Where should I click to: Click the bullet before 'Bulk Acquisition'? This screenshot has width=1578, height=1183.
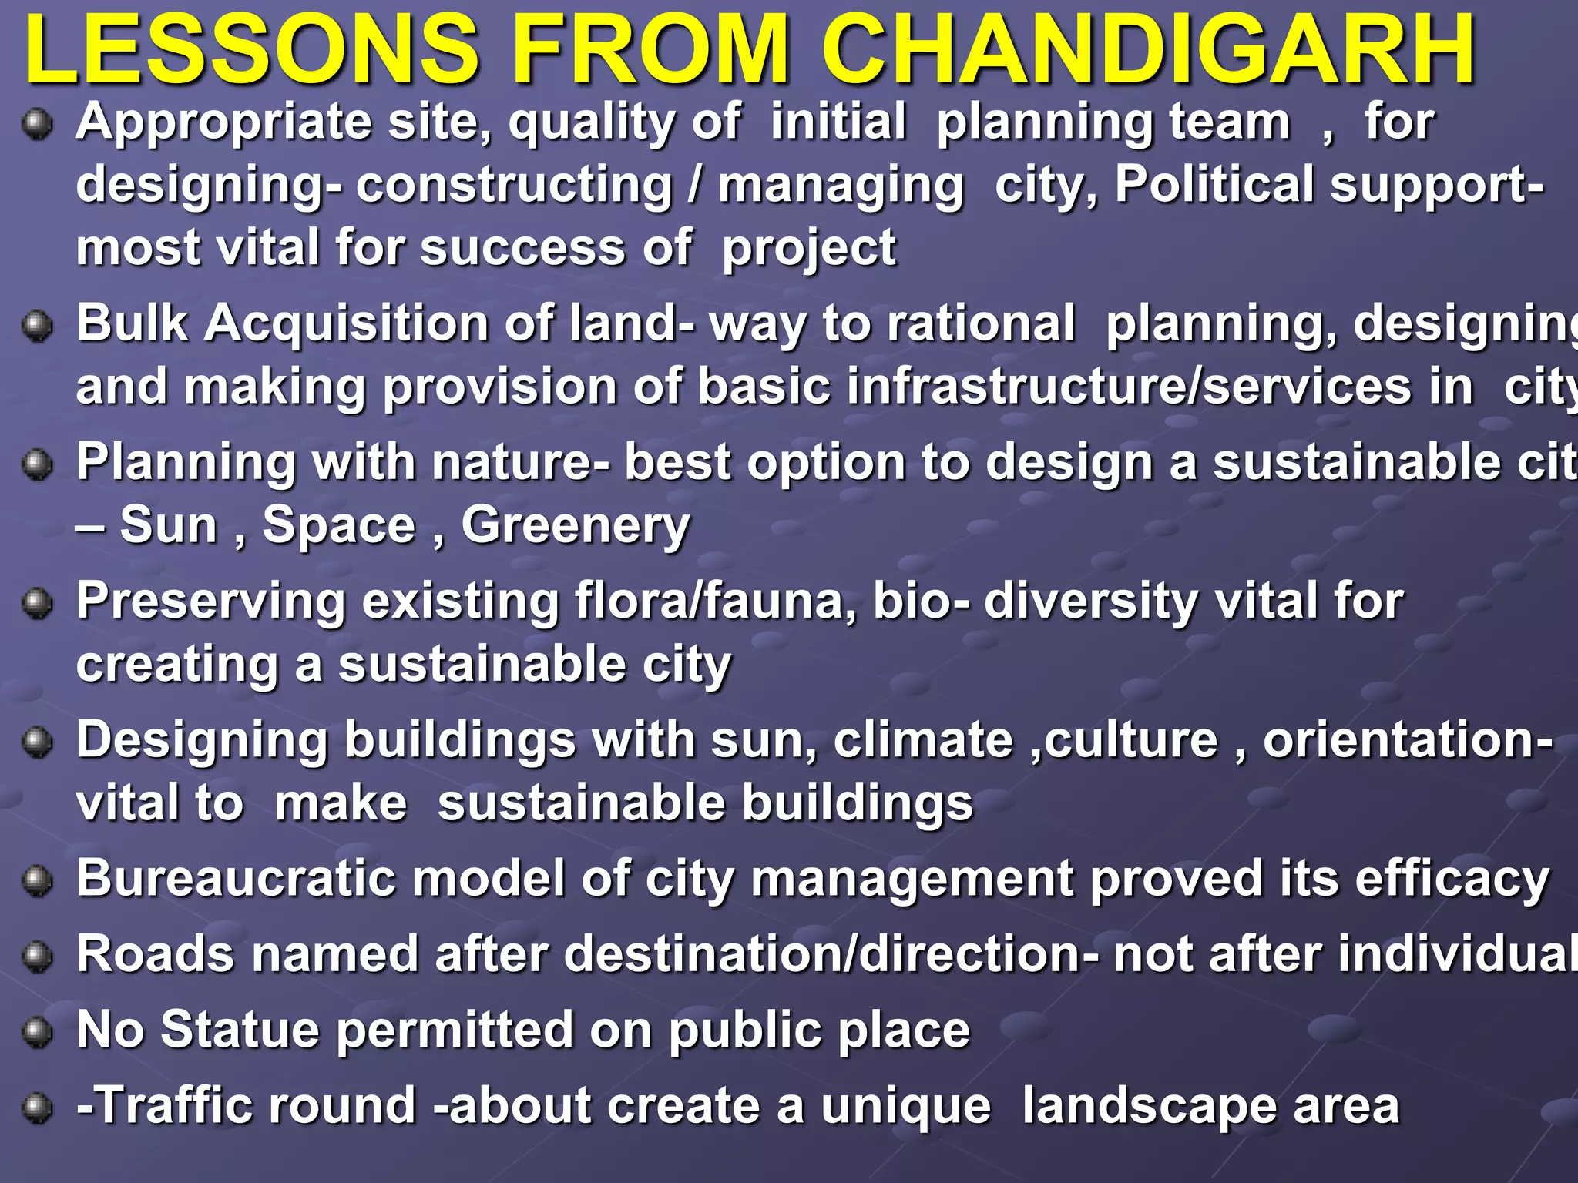36,326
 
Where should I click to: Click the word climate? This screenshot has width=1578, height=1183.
923,741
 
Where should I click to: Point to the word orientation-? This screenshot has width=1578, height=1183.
1407,741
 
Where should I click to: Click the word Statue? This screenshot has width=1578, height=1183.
240,1030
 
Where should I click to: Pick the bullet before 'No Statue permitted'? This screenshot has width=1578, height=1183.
36,1033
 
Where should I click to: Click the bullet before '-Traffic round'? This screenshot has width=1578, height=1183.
36,1108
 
